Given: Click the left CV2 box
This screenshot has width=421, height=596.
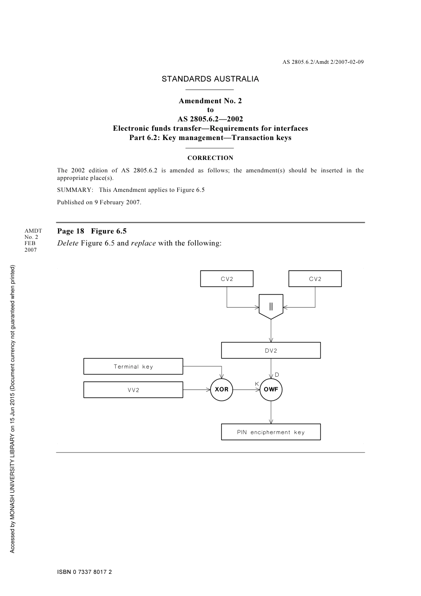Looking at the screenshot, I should [226, 279].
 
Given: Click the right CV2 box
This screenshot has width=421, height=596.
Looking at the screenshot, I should [315, 279].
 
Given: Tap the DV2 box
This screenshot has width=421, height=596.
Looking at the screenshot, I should [271, 351].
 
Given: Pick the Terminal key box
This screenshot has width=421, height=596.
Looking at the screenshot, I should [133, 366].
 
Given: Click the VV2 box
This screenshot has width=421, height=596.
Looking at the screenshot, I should [133, 390].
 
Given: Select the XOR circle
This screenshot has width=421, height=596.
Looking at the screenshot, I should [222, 390].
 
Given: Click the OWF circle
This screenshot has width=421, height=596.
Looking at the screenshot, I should [271, 390].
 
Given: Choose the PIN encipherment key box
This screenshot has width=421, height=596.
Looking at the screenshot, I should [271, 432].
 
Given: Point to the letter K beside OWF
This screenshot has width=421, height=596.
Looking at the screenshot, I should [257, 384].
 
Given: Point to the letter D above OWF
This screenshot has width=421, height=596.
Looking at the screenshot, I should [277, 375].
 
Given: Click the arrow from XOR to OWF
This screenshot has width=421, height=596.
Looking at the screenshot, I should [246, 390].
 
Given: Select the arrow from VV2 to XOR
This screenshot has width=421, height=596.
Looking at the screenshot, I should [196, 390].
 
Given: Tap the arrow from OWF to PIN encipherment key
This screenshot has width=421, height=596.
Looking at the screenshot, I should [271, 413].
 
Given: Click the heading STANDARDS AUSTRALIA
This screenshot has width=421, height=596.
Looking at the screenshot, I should [210, 79].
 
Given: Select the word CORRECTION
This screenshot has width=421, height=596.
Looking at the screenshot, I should [210, 158].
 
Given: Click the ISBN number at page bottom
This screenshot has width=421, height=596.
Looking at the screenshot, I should [84, 572].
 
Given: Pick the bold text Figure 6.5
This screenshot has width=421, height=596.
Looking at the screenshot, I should [109, 231].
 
